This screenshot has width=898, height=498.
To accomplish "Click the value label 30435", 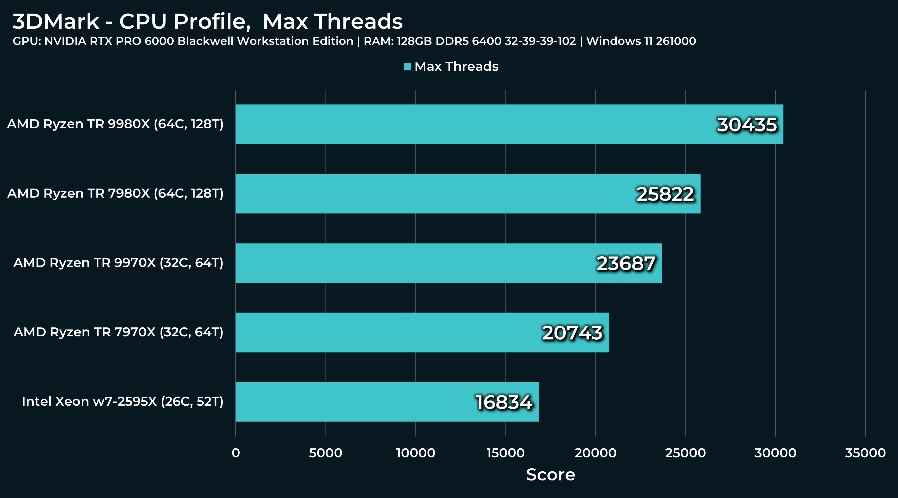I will click(x=747, y=125).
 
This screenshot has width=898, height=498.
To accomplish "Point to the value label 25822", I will click(x=665, y=194).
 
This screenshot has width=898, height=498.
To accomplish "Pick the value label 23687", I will click(x=626, y=263).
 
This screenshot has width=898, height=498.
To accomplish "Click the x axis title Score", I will click(x=551, y=475).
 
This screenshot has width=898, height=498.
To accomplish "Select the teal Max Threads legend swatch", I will click(x=407, y=67).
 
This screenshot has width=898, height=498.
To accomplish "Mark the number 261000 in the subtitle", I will click(x=676, y=41).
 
